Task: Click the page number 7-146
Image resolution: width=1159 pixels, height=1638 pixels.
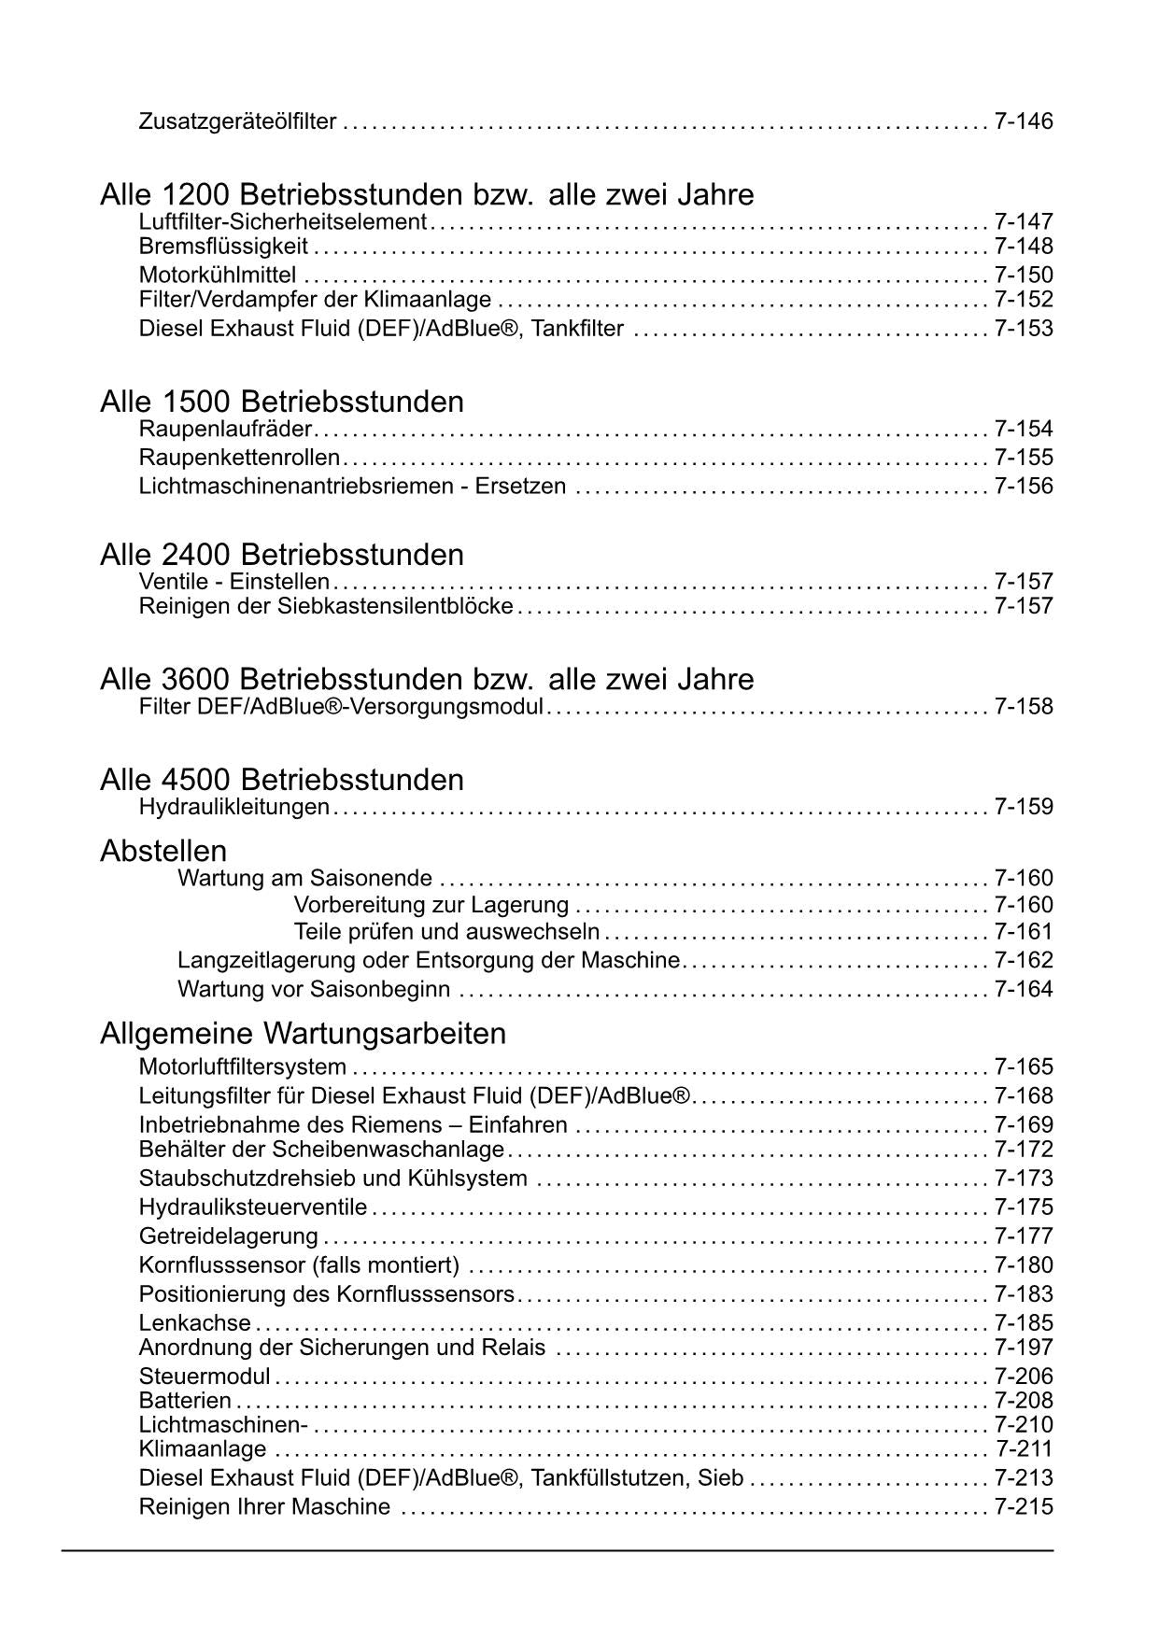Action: click(1024, 121)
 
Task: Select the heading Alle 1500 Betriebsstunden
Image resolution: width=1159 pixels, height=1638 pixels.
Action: click(281, 402)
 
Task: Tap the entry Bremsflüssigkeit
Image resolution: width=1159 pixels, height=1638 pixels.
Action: click(223, 247)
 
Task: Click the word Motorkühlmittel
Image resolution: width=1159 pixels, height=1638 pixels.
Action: click(218, 275)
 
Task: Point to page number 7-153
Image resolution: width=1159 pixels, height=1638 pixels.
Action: click(1024, 329)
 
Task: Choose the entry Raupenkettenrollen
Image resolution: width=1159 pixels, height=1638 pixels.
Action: click(239, 458)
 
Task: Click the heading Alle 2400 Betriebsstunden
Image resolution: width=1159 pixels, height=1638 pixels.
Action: click(281, 556)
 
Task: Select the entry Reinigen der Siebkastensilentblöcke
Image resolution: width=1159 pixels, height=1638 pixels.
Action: click(326, 606)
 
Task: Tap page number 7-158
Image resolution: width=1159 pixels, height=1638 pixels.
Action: click(1024, 707)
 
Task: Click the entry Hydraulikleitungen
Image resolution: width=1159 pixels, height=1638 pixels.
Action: click(233, 807)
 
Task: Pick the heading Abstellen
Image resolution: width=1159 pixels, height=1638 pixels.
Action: click(163, 852)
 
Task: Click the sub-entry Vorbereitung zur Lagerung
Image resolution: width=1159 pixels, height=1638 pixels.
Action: click(431, 905)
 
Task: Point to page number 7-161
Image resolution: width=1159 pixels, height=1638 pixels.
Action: click(1024, 932)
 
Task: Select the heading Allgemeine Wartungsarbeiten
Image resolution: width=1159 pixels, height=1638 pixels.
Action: click(303, 1035)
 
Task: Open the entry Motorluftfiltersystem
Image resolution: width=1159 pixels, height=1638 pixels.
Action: click(243, 1067)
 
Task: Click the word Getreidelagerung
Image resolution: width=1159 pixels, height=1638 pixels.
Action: click(229, 1236)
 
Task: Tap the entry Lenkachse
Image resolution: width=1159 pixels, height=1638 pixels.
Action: click(194, 1323)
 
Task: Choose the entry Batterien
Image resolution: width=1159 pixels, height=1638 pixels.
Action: click(185, 1401)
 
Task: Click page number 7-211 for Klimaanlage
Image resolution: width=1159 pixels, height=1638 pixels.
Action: click(1024, 1449)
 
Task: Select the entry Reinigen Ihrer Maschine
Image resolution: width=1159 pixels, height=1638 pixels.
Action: click(264, 1507)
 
